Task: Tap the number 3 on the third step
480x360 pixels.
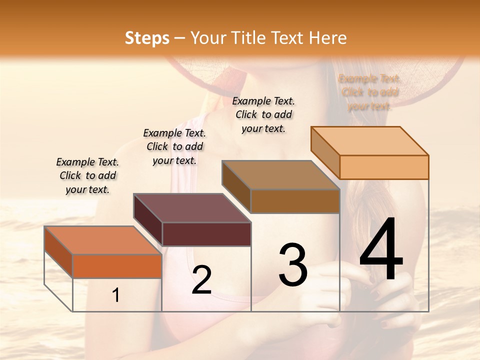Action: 293,264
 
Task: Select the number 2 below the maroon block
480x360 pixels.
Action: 202,280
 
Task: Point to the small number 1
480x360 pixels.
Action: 116,295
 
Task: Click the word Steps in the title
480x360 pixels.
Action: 147,38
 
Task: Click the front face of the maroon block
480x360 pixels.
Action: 206,234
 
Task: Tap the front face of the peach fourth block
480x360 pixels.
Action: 384,167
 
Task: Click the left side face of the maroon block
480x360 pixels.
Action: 148,219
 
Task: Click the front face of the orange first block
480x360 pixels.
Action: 117,266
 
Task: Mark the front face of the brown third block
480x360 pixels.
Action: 295,201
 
